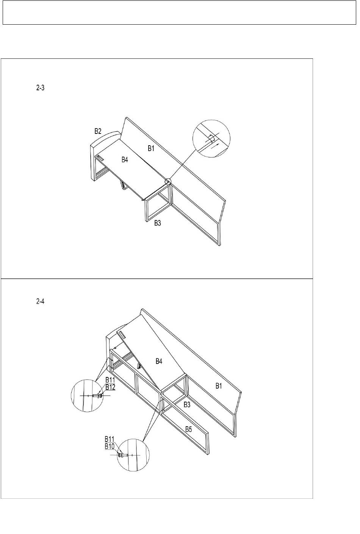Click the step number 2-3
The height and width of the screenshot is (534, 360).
pyautogui.click(x=40, y=88)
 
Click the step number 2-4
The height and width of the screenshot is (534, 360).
pyautogui.click(x=40, y=302)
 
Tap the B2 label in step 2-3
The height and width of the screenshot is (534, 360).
pyautogui.click(x=98, y=131)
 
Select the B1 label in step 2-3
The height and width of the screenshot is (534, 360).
pyautogui.click(x=151, y=149)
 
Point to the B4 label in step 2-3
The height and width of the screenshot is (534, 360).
pyautogui.click(x=125, y=160)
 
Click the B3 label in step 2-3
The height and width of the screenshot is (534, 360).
pyautogui.click(x=158, y=223)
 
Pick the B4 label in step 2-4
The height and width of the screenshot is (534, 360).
pyautogui.click(x=159, y=361)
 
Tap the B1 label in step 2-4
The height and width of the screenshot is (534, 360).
pyautogui.click(x=219, y=386)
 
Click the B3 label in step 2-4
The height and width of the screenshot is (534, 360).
pyautogui.click(x=187, y=405)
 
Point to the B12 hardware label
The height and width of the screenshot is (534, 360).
pyautogui.click(x=110, y=387)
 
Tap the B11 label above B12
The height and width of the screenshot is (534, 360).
pyautogui.click(x=110, y=380)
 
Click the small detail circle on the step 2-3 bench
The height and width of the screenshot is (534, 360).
pyautogui.click(x=168, y=181)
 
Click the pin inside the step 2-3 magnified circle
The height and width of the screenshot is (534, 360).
pyautogui.click(x=211, y=138)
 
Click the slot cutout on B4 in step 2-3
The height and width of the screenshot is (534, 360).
pyautogui.click(x=100, y=157)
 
